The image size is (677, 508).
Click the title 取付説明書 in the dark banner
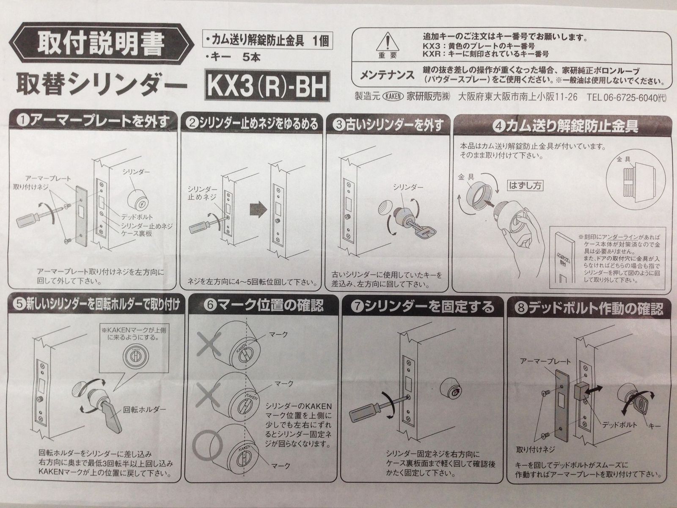coord(101,46)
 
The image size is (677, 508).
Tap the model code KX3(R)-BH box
coord(267,86)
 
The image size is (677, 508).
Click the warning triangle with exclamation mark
coord(388,43)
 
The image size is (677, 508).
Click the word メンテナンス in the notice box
coord(387,75)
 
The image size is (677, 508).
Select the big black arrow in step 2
coord(258,209)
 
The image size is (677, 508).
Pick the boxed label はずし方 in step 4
coord(525,185)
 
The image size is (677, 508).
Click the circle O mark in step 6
coord(208,444)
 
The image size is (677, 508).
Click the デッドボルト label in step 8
coord(619,425)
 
